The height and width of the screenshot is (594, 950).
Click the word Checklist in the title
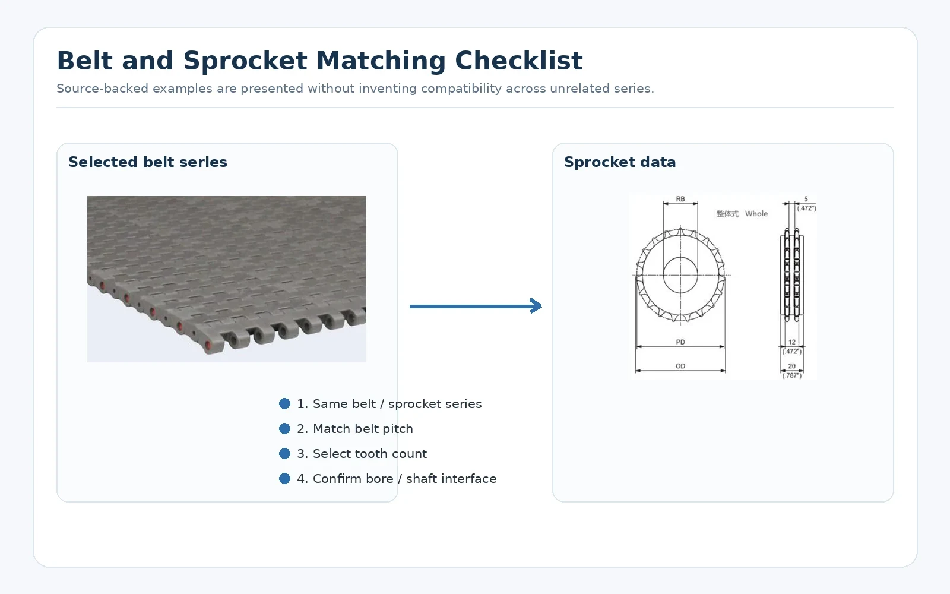point(519,61)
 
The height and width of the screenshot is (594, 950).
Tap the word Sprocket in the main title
point(245,61)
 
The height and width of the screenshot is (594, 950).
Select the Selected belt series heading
point(148,162)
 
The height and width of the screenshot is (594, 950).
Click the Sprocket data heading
point(620,162)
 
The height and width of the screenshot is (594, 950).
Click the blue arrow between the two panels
point(476,306)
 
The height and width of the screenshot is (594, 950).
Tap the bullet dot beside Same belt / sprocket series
point(284,403)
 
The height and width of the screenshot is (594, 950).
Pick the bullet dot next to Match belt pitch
point(284,428)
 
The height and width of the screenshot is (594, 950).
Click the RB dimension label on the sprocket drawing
point(680,198)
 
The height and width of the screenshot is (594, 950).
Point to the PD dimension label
point(680,342)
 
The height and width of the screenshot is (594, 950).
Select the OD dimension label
point(680,366)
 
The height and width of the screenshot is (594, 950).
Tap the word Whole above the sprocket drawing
point(756,213)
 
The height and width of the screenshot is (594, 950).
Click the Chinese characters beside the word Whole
point(727,214)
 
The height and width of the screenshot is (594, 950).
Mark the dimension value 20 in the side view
point(792,366)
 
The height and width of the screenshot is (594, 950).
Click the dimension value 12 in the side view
point(792,342)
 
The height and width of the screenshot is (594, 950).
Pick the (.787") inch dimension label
point(792,375)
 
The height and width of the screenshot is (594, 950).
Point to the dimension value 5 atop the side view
point(806,198)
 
